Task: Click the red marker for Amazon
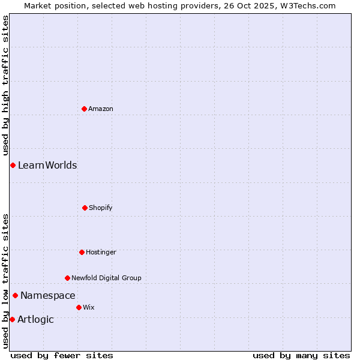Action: pyautogui.click(x=84, y=109)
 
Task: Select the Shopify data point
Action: pyautogui.click(x=85, y=208)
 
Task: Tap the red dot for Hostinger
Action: pyautogui.click(x=82, y=252)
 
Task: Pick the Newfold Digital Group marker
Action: pyautogui.click(x=67, y=278)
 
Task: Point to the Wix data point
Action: pyautogui.click(x=79, y=307)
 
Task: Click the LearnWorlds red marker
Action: pyautogui.click(x=13, y=165)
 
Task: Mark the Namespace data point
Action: pyautogui.click(x=15, y=295)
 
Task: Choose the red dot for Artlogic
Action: pyautogui.click(x=12, y=319)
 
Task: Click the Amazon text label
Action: pyautogui.click(x=101, y=109)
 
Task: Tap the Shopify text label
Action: pyautogui.click(x=101, y=208)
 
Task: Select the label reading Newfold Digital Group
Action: pyautogui.click(x=107, y=278)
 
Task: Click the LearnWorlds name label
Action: pyautogui.click(x=47, y=165)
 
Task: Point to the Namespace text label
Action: pyautogui.click(x=48, y=295)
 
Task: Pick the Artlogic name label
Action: pyautogui.click(x=35, y=319)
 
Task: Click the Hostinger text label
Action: pyautogui.click(x=101, y=252)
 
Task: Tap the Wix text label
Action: pyautogui.click(x=89, y=307)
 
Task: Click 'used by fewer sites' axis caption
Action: pyautogui.click(x=62, y=355)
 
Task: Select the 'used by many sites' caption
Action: pyautogui.click(x=301, y=355)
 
